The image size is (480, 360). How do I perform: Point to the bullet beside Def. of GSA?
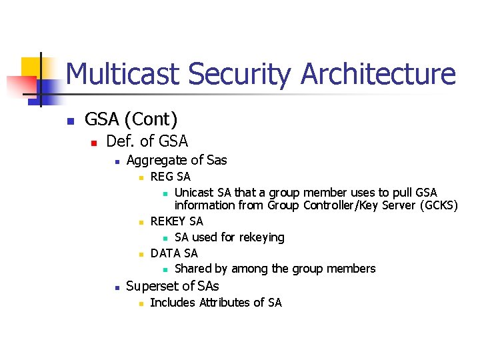coord(94,143)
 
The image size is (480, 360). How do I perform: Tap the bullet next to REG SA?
coord(141,178)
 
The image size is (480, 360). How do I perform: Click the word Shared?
coord(193,269)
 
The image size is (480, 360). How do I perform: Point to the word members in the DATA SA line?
coord(351,269)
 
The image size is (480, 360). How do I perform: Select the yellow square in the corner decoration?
coord(31,67)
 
